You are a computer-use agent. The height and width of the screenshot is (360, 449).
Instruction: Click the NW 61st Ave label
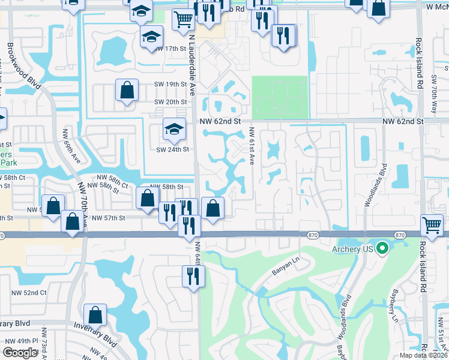tap(252, 146)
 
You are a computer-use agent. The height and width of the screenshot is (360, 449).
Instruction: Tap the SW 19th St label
tap(170, 85)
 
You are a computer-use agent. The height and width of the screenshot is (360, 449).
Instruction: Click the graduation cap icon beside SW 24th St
tap(174, 129)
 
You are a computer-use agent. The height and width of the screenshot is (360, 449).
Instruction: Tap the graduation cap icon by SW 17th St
tap(152, 36)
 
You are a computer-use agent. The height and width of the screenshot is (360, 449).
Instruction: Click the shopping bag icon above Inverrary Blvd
tap(95, 314)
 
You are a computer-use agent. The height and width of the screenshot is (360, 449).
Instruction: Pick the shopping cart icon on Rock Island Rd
tap(432, 225)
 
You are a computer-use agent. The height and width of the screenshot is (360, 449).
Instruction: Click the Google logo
tap(20, 353)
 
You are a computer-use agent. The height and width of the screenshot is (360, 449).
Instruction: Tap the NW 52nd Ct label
tap(32, 293)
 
